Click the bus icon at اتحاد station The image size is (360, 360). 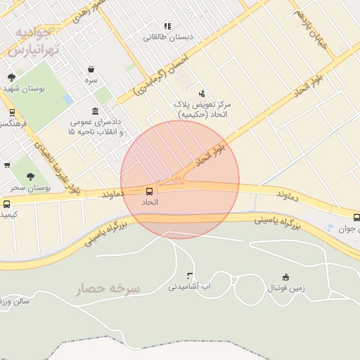coord(149,191)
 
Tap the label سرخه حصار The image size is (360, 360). coord(109,288)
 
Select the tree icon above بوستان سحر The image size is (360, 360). coord(30,177)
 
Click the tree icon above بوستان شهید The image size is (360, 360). coord(11,77)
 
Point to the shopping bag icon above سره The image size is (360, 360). coord(91,69)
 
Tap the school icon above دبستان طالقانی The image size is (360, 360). coord(167,26)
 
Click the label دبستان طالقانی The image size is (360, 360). coord(168,37)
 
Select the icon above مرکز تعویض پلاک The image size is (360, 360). coord(202,93)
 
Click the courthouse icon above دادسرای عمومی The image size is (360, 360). coord(95,112)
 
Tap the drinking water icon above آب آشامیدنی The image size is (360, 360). coord(189,276)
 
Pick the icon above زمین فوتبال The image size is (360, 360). coord(285,277)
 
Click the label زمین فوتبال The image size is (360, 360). coord(286,288)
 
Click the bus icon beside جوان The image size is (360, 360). coord(356,217)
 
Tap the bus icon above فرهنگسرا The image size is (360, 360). coord(12,112)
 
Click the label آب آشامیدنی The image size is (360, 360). coord(190,287)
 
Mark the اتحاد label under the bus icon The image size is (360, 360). coord(150,202)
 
